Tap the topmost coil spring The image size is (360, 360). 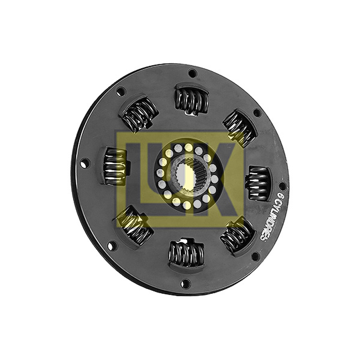[192, 100]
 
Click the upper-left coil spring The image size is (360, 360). [139, 113]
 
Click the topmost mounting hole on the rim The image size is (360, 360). [192, 74]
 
